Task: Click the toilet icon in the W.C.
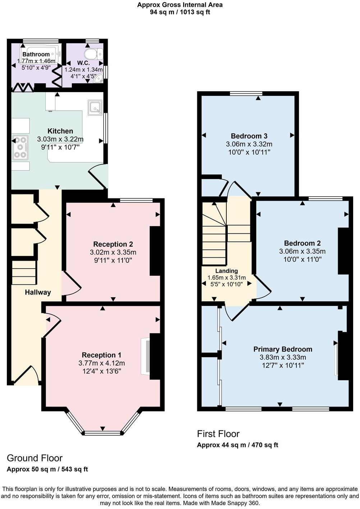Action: point(93,54)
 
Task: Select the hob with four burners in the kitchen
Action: point(20,147)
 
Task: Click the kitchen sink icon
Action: point(95,107)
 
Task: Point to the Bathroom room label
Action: point(36,54)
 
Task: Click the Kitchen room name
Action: point(60,131)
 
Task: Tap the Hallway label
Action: point(38,292)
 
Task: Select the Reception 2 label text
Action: point(113,244)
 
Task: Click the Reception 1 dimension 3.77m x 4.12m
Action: point(102,363)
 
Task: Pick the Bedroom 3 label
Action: point(249,136)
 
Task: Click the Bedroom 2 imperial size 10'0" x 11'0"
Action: point(302,259)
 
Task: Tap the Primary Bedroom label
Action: point(283,349)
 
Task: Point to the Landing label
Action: point(226,271)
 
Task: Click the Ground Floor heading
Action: point(34,458)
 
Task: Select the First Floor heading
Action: point(218,434)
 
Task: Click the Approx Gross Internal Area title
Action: point(180,5)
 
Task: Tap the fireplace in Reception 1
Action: point(146,356)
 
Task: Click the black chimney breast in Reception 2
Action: point(155,251)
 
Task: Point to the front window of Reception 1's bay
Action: point(102,433)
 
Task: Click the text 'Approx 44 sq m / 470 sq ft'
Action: point(237,445)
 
